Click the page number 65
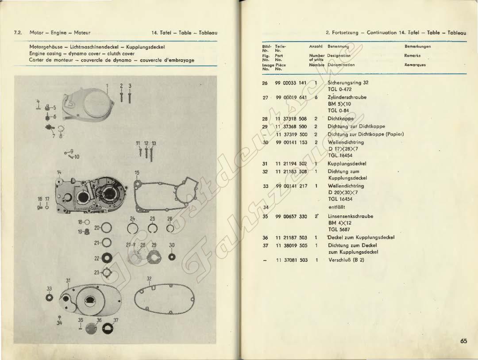click(463, 341)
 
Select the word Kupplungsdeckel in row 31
click(347, 164)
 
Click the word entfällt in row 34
click(337, 207)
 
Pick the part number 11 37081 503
click(291, 260)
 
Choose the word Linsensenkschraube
click(350, 216)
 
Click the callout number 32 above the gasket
click(149, 279)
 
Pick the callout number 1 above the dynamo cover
click(107, 85)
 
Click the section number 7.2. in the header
click(19, 33)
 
